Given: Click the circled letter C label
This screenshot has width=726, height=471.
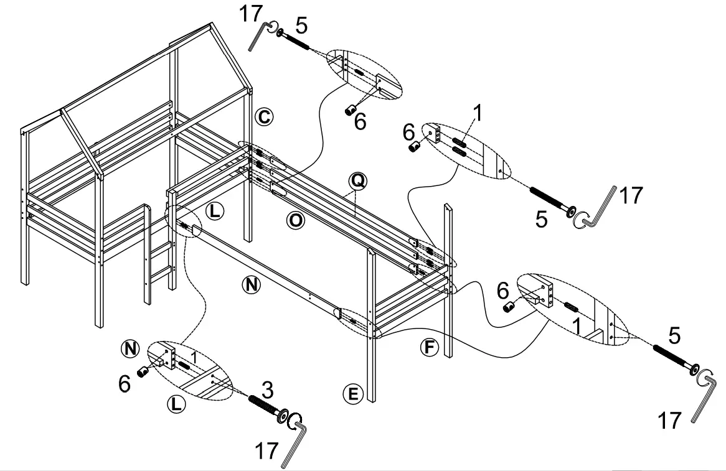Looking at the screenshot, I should [x=263, y=116].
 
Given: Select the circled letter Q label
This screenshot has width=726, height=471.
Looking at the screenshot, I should [x=359, y=181].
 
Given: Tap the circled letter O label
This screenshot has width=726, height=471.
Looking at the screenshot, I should [x=296, y=220].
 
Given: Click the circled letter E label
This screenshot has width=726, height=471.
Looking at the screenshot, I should [x=352, y=393].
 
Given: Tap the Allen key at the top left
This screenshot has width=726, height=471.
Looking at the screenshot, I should [x=262, y=34].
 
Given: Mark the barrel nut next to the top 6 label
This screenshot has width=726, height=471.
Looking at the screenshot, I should [x=351, y=110].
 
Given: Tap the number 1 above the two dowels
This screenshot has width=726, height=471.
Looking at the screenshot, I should [x=478, y=113].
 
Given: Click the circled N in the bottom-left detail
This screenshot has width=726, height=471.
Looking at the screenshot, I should [x=130, y=348].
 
